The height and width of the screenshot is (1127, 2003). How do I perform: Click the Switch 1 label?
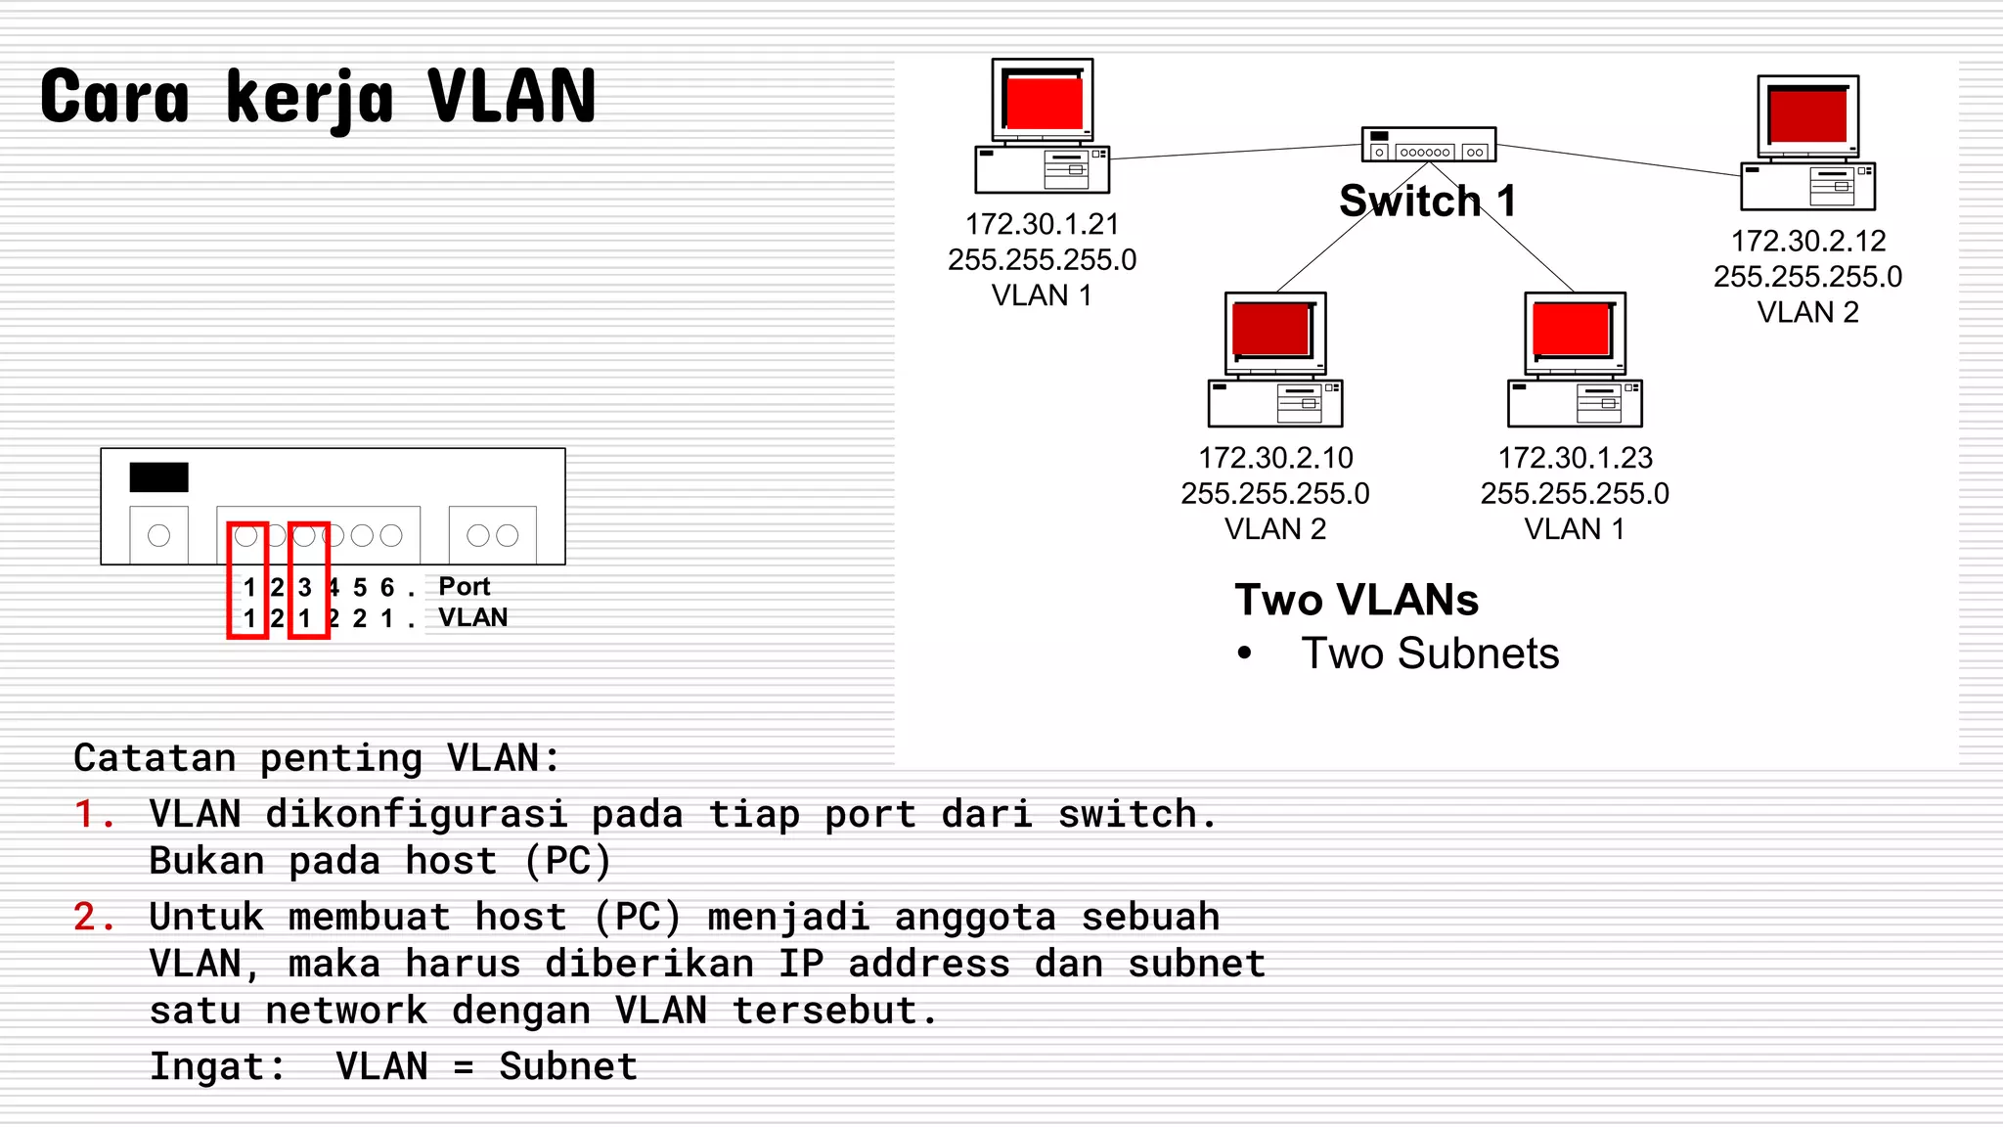(1427, 202)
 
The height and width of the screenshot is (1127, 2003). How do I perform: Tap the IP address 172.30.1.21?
(1042, 225)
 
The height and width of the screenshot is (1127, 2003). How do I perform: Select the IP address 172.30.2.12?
(1807, 241)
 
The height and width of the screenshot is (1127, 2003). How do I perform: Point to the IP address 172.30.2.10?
(1275, 458)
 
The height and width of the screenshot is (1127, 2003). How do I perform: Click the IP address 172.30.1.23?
(1575, 458)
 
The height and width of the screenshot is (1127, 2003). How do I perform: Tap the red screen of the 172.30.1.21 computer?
(1044, 103)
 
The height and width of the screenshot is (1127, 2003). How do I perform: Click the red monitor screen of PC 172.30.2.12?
(1807, 115)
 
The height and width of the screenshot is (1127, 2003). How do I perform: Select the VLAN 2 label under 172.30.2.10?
(1275, 529)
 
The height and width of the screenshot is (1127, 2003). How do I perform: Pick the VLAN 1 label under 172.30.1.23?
(1575, 529)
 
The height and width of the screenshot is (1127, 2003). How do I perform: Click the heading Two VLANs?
(1356, 600)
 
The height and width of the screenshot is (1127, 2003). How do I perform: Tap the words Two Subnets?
(1429, 654)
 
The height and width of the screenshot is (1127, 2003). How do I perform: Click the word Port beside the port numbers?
(464, 587)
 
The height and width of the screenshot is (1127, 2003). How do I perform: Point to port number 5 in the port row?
(360, 588)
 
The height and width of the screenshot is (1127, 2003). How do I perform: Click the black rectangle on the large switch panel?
(158, 477)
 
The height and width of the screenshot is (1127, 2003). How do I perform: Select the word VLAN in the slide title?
(512, 97)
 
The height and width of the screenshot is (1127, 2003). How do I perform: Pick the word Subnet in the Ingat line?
(567, 1066)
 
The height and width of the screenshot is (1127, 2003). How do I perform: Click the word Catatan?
(155, 758)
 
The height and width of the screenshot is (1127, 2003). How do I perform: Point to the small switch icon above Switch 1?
(1428, 145)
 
